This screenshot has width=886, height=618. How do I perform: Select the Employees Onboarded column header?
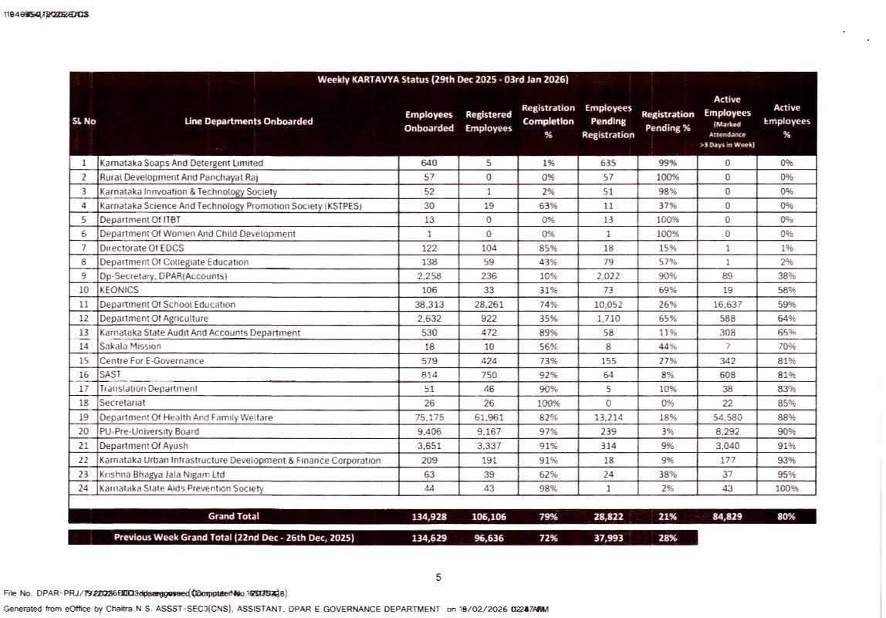click(x=429, y=121)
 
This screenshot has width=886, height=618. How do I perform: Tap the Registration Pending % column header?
click(x=668, y=121)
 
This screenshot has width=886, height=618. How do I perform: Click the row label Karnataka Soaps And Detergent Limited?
click(x=181, y=164)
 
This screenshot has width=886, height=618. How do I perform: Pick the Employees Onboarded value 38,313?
click(x=429, y=305)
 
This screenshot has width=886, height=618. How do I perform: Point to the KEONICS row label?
click(x=120, y=290)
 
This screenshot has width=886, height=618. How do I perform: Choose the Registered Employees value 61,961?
click(x=489, y=417)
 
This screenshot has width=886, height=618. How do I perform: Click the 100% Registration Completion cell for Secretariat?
click(x=548, y=404)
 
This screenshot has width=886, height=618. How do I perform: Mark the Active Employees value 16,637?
click(x=727, y=305)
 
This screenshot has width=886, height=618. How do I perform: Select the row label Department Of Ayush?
click(x=144, y=446)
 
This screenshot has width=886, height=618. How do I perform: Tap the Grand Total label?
click(x=234, y=516)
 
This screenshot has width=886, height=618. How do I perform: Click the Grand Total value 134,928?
click(x=429, y=517)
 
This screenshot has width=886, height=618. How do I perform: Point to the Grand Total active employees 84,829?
click(x=727, y=517)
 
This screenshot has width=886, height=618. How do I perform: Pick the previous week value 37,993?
click(x=608, y=539)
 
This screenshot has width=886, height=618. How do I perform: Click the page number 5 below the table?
click(x=438, y=577)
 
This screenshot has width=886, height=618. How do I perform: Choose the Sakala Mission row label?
click(x=130, y=346)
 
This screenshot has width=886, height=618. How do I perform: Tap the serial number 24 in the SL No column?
click(x=83, y=488)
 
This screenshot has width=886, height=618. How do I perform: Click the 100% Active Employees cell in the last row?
click(x=786, y=488)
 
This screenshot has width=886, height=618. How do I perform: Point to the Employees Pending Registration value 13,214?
click(x=608, y=417)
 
